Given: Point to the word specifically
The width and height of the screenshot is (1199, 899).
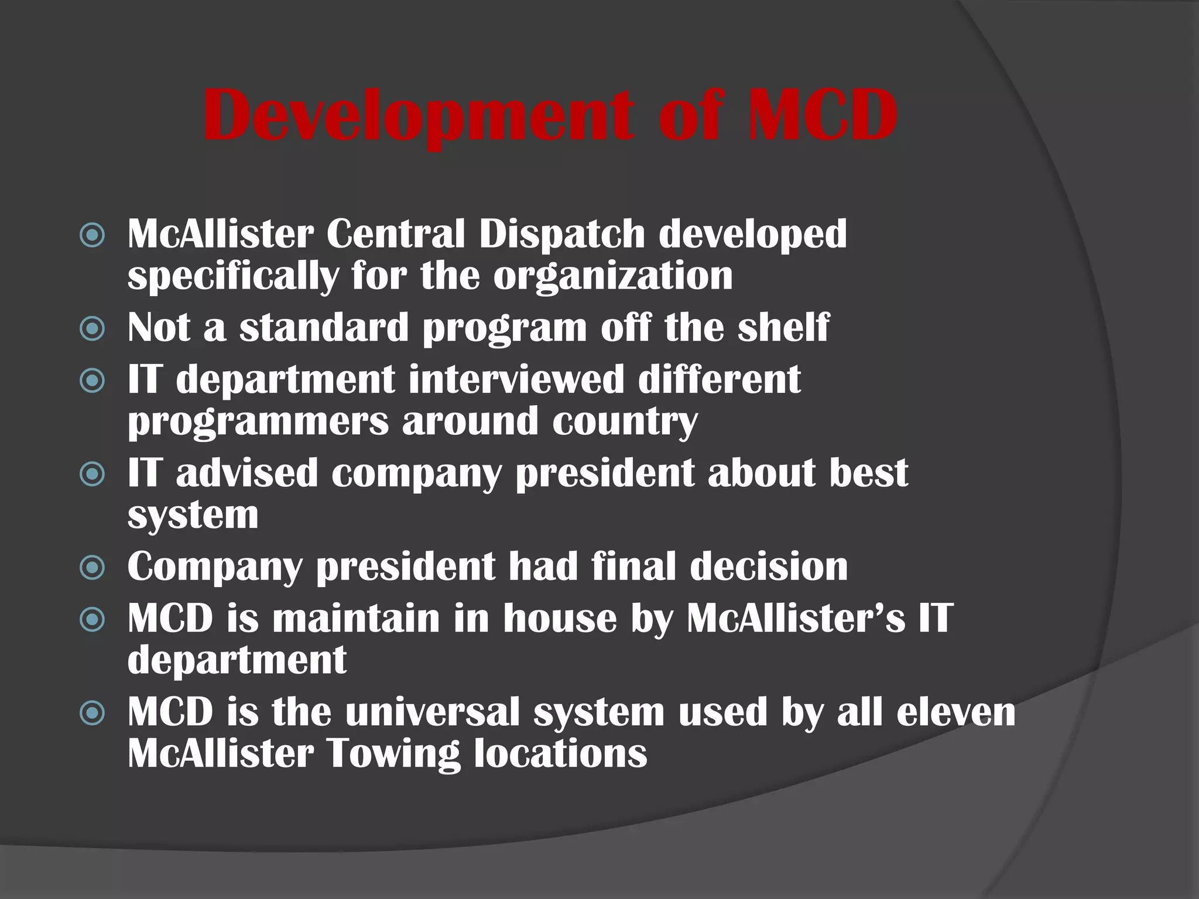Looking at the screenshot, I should point(233,276).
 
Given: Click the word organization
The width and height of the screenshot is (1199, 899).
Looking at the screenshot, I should point(613,276).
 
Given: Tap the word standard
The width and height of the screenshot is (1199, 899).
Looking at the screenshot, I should point(324,328).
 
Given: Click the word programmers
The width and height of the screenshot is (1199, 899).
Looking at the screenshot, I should point(258,421).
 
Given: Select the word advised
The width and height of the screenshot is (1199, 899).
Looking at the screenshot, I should point(246,473).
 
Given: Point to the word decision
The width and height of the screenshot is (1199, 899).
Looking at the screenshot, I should point(769,567).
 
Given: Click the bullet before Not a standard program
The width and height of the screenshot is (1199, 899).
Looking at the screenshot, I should point(93,329).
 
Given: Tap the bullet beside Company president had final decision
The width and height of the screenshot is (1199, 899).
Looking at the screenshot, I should point(93,567).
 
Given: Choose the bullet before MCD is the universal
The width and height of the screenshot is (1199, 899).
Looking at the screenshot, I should point(93,713).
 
